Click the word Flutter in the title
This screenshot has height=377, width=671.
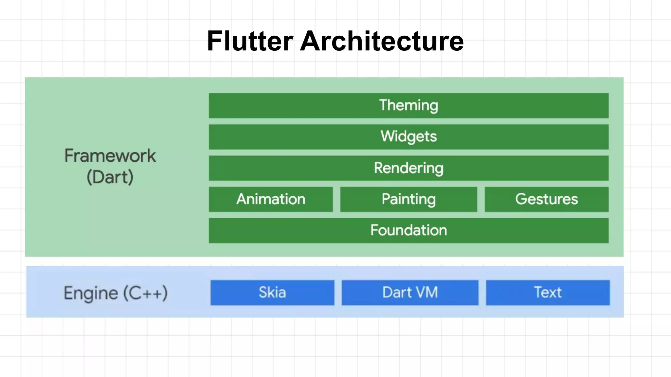(250, 41)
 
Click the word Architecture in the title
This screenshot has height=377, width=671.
(382, 41)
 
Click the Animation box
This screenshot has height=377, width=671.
(271, 199)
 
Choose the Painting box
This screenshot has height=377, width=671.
(409, 199)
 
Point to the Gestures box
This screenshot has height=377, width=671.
(546, 199)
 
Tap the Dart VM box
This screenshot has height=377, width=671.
(410, 293)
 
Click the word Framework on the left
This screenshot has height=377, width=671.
(110, 156)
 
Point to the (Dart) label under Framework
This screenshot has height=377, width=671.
(110, 177)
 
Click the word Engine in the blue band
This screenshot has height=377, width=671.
(91, 293)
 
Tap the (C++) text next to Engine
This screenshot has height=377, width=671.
(145, 293)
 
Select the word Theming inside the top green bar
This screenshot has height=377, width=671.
(409, 105)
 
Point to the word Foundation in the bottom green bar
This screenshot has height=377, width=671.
(409, 230)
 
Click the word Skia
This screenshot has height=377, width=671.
(272, 292)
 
